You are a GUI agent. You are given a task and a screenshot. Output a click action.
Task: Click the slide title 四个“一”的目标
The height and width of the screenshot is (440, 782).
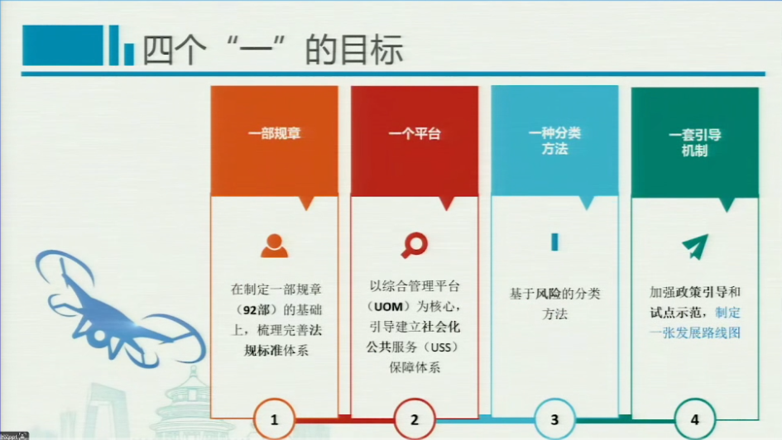coord(273,50)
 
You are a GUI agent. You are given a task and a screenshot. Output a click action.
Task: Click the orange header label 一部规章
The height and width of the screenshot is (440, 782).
coord(274,133)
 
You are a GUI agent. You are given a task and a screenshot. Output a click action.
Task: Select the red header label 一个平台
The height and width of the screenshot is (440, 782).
coord(415,133)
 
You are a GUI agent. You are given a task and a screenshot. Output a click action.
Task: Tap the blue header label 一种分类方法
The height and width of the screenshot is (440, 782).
coord(554,141)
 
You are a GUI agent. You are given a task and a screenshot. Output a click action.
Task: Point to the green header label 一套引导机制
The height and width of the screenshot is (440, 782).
coord(695,142)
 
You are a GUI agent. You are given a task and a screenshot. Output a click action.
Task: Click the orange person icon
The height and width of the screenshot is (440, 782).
coord(274,245)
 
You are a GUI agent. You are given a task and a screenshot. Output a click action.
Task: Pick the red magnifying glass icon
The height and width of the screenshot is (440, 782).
coord(415,245)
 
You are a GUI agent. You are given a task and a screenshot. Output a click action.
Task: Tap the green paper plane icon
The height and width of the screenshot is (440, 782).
coord(695,246)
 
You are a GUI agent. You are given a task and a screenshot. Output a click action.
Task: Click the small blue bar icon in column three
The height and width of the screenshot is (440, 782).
coord(554,242)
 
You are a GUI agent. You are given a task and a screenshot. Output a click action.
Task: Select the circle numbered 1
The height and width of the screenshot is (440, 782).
coord(274,419)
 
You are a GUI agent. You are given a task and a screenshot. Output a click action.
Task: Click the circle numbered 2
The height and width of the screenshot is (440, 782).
coord(415,419)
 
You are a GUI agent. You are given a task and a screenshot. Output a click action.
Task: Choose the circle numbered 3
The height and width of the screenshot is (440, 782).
coord(554,419)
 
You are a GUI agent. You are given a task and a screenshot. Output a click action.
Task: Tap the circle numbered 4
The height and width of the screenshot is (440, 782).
coord(695,419)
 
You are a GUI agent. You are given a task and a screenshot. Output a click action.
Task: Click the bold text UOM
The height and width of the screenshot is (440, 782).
coord(388,307)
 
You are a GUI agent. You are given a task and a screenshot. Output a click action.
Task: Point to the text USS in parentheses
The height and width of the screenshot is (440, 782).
coord(441,347)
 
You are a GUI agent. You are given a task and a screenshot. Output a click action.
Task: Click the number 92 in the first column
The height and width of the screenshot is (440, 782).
coord(250,310)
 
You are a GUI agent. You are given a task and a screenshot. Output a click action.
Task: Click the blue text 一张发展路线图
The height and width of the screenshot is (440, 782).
coord(695,332)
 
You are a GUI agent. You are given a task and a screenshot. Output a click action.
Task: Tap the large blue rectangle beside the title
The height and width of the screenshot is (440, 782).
coord(63,45)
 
